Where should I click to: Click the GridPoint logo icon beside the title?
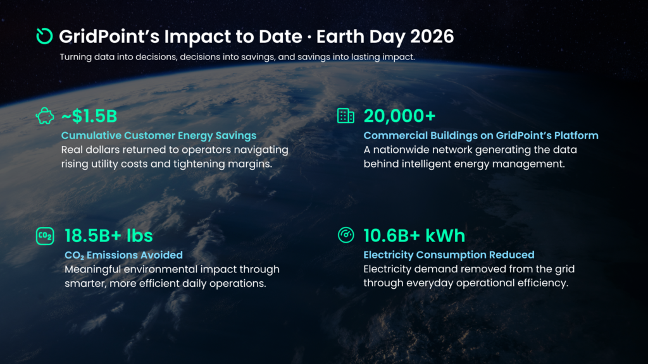tap(44, 36)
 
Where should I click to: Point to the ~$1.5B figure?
tap(89, 116)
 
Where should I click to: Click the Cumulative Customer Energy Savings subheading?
tap(158, 135)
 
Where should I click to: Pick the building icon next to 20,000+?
tap(346, 116)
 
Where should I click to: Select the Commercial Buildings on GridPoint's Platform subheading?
tap(480, 135)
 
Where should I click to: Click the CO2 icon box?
tap(45, 236)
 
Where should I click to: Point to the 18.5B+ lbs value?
tap(108, 236)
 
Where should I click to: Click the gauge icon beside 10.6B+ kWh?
tap(346, 235)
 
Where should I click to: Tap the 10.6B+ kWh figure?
tap(414, 236)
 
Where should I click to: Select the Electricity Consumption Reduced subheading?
tap(449, 255)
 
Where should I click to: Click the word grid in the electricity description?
tap(563, 269)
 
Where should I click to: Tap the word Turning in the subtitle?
tap(74, 57)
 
